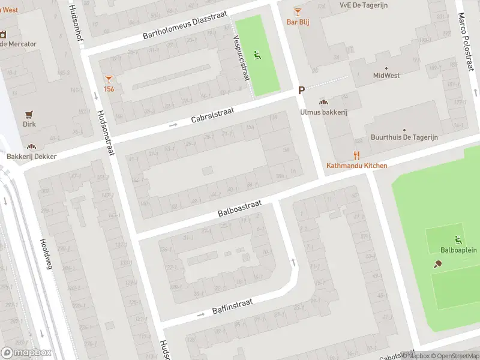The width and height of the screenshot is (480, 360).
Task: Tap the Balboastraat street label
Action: point(240,209)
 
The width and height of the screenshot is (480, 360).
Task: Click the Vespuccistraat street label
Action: point(241,58)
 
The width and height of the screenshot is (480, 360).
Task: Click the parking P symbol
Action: point(302,90)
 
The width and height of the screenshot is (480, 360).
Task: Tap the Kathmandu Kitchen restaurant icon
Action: point(356,155)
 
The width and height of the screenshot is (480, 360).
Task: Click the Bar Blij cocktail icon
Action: point(298,11)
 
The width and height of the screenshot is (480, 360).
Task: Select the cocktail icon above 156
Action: point(109,79)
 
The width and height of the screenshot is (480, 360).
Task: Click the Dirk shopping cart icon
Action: point(29,114)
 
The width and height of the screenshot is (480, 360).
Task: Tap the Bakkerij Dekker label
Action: point(31,156)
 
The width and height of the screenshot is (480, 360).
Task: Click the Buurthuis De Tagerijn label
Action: point(404,137)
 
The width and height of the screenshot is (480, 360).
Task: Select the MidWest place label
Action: point(386,76)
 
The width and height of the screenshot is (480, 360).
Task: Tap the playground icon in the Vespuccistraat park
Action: point(258,56)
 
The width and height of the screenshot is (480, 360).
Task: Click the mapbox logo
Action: point(26,353)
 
